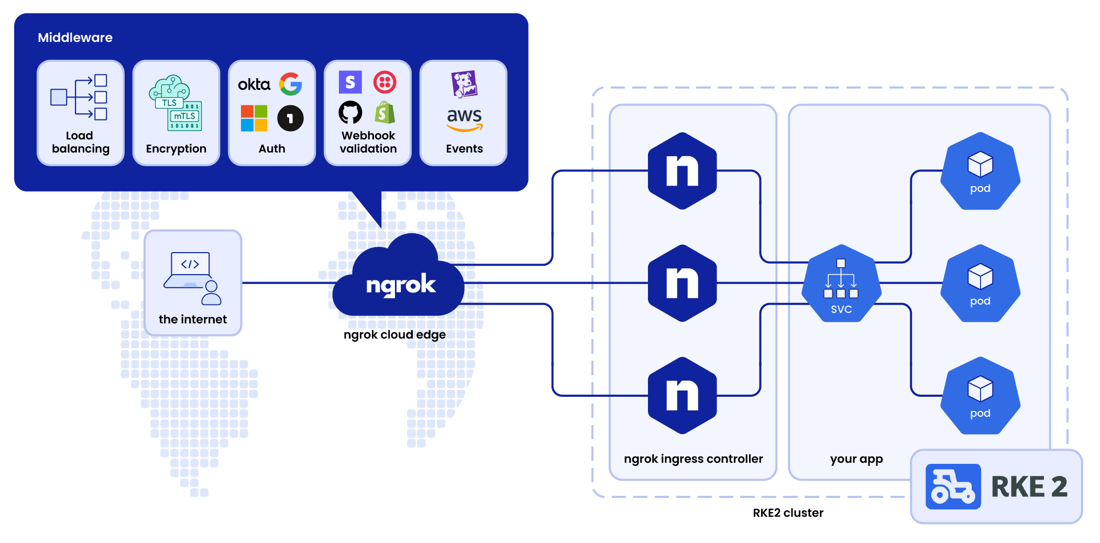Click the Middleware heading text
point(75,38)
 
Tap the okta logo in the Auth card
point(254,84)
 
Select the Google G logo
point(291,84)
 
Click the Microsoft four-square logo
point(254,118)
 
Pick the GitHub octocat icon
point(350,112)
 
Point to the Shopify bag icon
point(385,112)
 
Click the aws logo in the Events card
point(465,118)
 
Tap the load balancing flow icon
point(79,97)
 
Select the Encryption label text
point(176,149)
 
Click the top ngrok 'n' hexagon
point(682,171)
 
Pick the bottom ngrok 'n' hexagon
point(682,396)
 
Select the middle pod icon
point(980,284)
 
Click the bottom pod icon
point(980,396)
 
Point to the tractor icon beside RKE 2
point(953,486)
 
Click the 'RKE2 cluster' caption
point(788,513)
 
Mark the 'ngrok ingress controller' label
point(693,459)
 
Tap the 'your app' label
point(856,460)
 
